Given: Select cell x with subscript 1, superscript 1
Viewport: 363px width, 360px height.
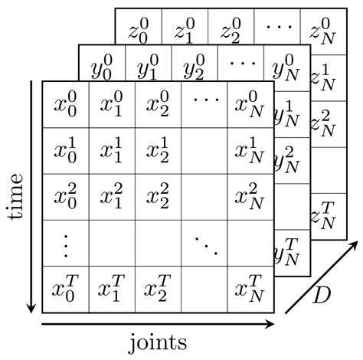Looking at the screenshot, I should pyautogui.click(x=112, y=149).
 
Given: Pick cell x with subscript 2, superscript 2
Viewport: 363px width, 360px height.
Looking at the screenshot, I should pyautogui.click(x=158, y=196).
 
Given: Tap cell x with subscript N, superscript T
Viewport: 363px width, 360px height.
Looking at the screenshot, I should pyautogui.click(x=252, y=290).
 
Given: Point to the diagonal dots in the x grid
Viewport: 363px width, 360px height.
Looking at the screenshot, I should pyautogui.click(x=204, y=244).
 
